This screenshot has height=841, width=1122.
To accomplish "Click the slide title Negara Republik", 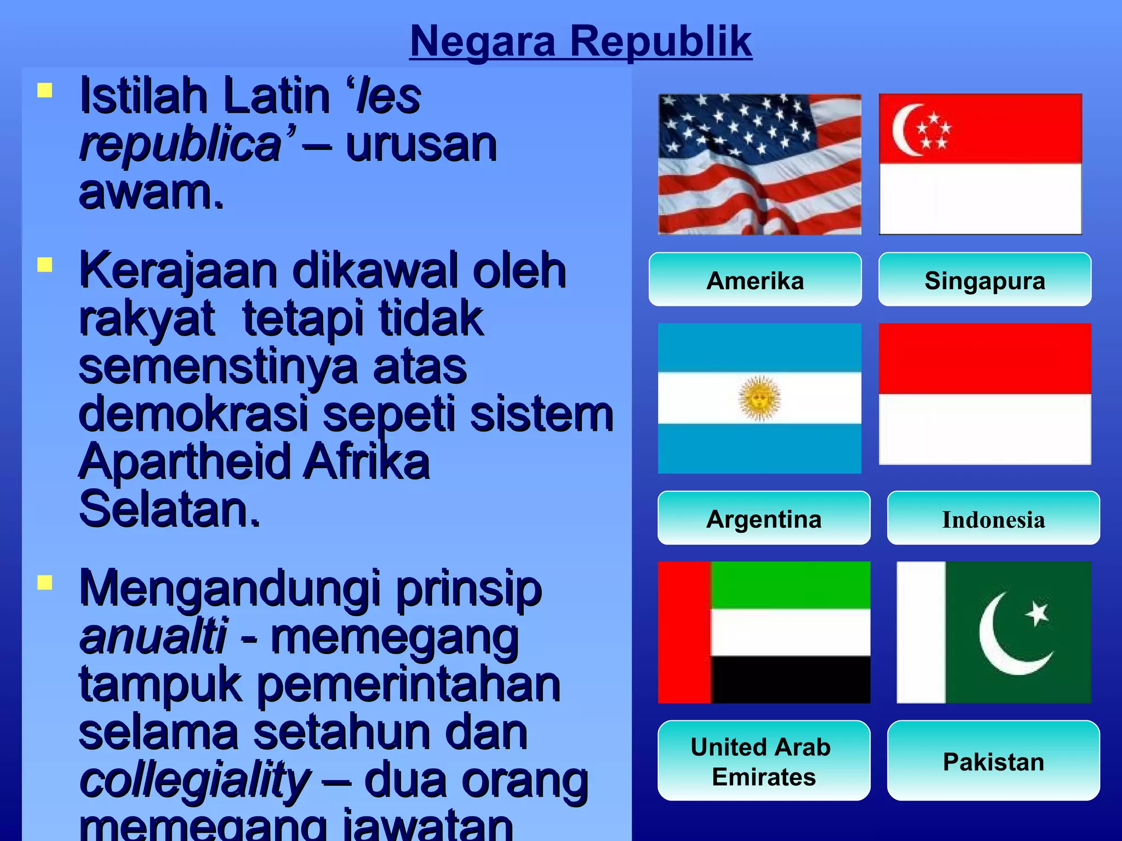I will click(x=581, y=41).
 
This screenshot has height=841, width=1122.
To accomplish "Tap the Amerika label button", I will click(x=755, y=280).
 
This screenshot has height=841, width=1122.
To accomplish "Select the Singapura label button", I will click(x=984, y=280).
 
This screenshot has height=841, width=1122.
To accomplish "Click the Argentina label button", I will click(x=764, y=518).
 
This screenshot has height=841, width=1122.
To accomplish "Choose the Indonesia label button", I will click(x=993, y=518).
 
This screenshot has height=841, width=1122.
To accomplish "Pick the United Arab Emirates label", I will click(x=764, y=761).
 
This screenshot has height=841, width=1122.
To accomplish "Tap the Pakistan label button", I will click(x=993, y=761).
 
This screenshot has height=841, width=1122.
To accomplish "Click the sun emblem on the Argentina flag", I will click(x=759, y=398).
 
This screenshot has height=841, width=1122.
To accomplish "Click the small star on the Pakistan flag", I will click(x=1037, y=613).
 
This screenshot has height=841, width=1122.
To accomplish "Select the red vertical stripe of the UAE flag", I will click(x=684, y=632).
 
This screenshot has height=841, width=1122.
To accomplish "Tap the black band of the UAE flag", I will click(x=790, y=679).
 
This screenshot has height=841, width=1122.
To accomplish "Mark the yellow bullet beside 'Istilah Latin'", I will click(x=45, y=90).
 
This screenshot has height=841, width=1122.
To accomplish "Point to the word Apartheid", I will click(x=185, y=462).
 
